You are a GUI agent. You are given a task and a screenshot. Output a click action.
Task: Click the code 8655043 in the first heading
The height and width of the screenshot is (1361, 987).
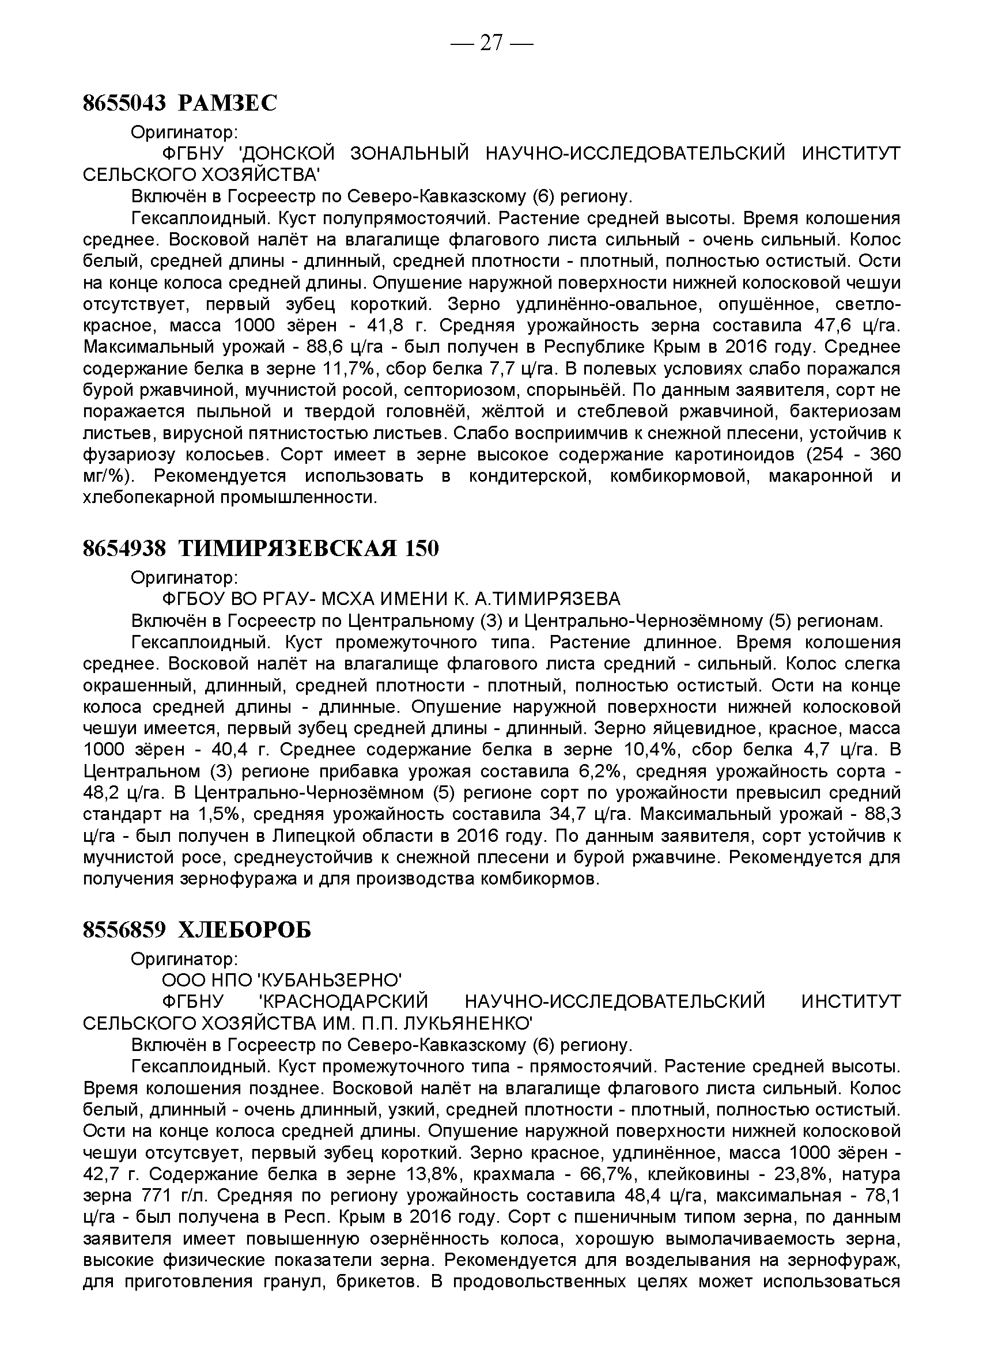[x=124, y=104]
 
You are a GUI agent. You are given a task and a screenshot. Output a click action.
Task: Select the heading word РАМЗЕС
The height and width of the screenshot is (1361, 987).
[x=228, y=104]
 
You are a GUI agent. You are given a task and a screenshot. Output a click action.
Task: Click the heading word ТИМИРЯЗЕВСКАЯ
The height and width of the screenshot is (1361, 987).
[x=288, y=549]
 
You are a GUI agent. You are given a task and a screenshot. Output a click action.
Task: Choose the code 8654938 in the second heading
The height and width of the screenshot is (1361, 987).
[x=124, y=549]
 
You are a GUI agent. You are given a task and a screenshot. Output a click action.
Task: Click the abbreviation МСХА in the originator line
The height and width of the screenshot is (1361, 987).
[x=350, y=599]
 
